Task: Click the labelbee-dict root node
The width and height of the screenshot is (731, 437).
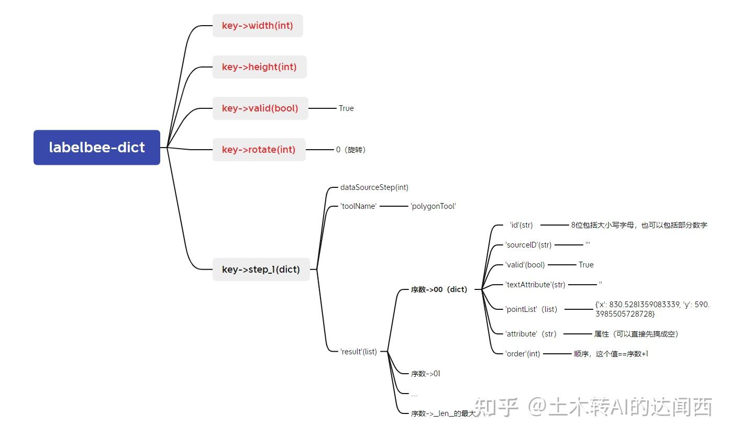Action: coord(97,148)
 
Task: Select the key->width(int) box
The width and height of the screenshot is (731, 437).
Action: coord(258,26)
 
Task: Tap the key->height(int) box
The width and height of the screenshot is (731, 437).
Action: coord(259,67)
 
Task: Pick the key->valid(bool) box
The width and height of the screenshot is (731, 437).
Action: coord(260,108)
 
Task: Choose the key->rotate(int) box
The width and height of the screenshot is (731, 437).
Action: coord(259,150)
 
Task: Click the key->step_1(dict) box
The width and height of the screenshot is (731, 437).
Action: coord(261,270)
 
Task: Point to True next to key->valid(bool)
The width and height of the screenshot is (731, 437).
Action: coord(346,108)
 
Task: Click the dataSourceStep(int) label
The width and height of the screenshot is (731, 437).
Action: coord(374,187)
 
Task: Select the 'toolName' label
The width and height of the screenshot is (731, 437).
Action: coord(358,206)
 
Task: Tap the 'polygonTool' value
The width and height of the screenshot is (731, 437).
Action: coord(433,206)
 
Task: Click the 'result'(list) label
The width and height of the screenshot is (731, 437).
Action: coord(358,352)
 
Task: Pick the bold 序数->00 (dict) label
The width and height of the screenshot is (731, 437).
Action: coord(439,289)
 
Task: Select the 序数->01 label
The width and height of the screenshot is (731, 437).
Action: coord(425,374)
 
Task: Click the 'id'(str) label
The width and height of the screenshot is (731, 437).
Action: coord(521,225)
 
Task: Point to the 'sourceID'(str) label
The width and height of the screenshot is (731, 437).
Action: coord(528,244)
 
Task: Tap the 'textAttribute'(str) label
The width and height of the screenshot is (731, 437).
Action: coord(535,285)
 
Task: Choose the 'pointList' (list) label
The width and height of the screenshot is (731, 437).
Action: coord(531,309)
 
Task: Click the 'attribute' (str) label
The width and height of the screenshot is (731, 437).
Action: coord(530,334)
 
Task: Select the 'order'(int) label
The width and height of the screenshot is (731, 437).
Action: coord(522,354)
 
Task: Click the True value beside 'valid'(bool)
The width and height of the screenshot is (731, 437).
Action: coord(586,265)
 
